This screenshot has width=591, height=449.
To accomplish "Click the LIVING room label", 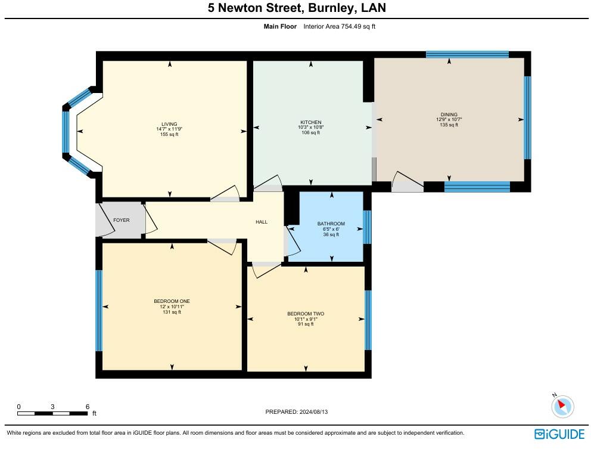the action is [169, 124].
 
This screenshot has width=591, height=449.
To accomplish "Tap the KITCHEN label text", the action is [311, 122].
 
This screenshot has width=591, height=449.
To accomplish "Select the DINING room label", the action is [449, 114].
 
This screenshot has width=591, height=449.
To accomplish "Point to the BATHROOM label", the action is [331, 224].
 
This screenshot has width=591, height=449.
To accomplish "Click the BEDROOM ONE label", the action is [172, 301].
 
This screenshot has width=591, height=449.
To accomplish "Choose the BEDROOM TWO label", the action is [306, 314].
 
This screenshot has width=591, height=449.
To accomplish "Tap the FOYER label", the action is [122, 220].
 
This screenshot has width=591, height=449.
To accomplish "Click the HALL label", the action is [262, 222].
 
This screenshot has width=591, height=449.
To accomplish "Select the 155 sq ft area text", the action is [169, 134].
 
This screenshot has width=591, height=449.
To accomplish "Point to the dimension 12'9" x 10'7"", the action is [449, 120].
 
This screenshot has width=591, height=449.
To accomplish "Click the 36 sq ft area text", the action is [331, 234].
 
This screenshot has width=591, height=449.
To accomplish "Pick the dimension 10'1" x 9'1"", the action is [306, 319].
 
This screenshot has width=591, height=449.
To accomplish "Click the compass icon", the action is [562, 406].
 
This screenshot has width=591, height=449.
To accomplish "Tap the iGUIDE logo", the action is [559, 434].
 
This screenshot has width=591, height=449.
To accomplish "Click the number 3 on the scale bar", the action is [52, 407].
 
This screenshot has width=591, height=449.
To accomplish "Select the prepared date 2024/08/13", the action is [313, 411].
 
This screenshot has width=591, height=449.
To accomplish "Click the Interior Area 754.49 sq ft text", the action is [339, 26].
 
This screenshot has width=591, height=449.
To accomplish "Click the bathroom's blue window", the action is [367, 227].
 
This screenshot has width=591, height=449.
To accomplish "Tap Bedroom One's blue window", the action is [99, 311].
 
